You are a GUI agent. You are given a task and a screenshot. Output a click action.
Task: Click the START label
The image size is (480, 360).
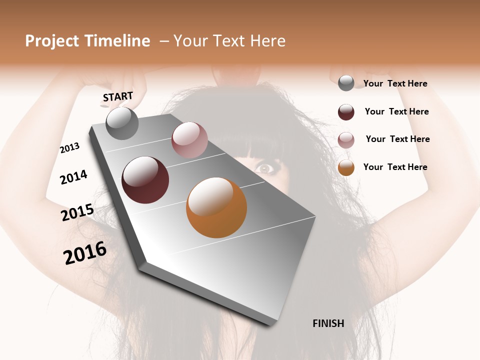click(x=118, y=96)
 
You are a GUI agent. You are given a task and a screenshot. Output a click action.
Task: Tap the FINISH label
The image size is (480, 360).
click(x=328, y=323)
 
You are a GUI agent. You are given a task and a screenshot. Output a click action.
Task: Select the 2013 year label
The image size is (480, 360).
click(x=70, y=148)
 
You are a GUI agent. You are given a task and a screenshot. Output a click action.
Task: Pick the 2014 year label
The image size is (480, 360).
click(x=73, y=177)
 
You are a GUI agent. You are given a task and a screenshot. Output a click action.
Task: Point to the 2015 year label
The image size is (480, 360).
click(x=77, y=212)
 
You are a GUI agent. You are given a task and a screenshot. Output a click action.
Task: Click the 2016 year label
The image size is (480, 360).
click(x=85, y=252)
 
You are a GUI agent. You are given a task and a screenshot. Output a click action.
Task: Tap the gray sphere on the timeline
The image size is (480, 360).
click(x=122, y=123)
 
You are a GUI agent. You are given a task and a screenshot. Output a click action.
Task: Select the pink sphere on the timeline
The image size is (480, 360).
click(x=189, y=139)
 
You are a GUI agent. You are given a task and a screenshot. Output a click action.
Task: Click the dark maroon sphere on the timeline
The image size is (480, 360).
click(x=145, y=180)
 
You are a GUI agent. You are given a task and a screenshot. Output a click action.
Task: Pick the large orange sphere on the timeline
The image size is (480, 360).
click(x=216, y=207)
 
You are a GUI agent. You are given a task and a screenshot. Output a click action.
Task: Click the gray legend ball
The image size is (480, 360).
click(x=346, y=83)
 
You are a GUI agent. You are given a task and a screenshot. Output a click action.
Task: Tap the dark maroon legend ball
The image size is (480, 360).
click(x=346, y=112)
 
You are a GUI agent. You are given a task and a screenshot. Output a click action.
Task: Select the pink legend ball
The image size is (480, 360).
click(x=346, y=140)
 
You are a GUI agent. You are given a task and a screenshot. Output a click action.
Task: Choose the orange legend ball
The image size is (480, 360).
click(x=346, y=167)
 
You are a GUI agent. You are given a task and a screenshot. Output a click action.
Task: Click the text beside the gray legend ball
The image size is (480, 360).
click(x=395, y=84)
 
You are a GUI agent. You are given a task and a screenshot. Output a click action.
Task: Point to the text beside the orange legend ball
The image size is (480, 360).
click(x=395, y=167)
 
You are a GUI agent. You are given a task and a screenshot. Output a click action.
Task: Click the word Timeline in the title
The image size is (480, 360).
click(x=117, y=41)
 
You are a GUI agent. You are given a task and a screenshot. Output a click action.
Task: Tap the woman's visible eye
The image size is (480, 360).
click(x=264, y=168)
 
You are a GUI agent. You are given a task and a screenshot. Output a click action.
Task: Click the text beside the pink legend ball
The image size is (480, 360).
click(x=397, y=139)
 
